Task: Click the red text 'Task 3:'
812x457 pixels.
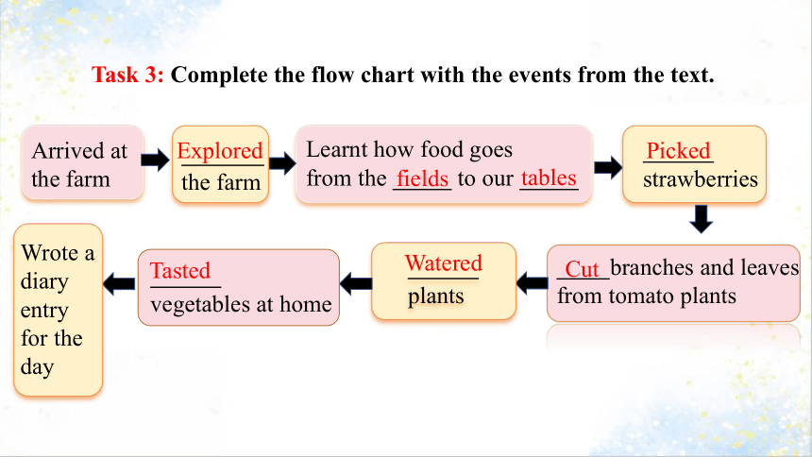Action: click(127, 75)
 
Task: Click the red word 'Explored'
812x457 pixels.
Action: click(220, 151)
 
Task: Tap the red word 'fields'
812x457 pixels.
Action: click(422, 178)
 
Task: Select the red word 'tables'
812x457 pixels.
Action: click(549, 178)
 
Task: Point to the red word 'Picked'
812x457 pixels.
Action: click(678, 151)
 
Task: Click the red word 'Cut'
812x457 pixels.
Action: click(582, 269)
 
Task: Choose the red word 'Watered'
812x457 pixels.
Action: click(443, 262)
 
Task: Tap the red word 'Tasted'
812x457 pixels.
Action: click(180, 270)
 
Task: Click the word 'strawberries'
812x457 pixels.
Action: click(701, 179)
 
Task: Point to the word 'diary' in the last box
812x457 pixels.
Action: click(44, 282)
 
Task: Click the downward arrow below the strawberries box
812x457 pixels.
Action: click(702, 219)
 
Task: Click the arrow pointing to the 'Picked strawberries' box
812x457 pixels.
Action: click(608, 167)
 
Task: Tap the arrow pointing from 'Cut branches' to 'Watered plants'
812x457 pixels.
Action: click(532, 283)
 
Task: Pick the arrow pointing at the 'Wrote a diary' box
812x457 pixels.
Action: click(119, 284)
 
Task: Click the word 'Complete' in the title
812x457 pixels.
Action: click(220, 76)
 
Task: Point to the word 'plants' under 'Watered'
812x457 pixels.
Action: click(435, 296)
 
